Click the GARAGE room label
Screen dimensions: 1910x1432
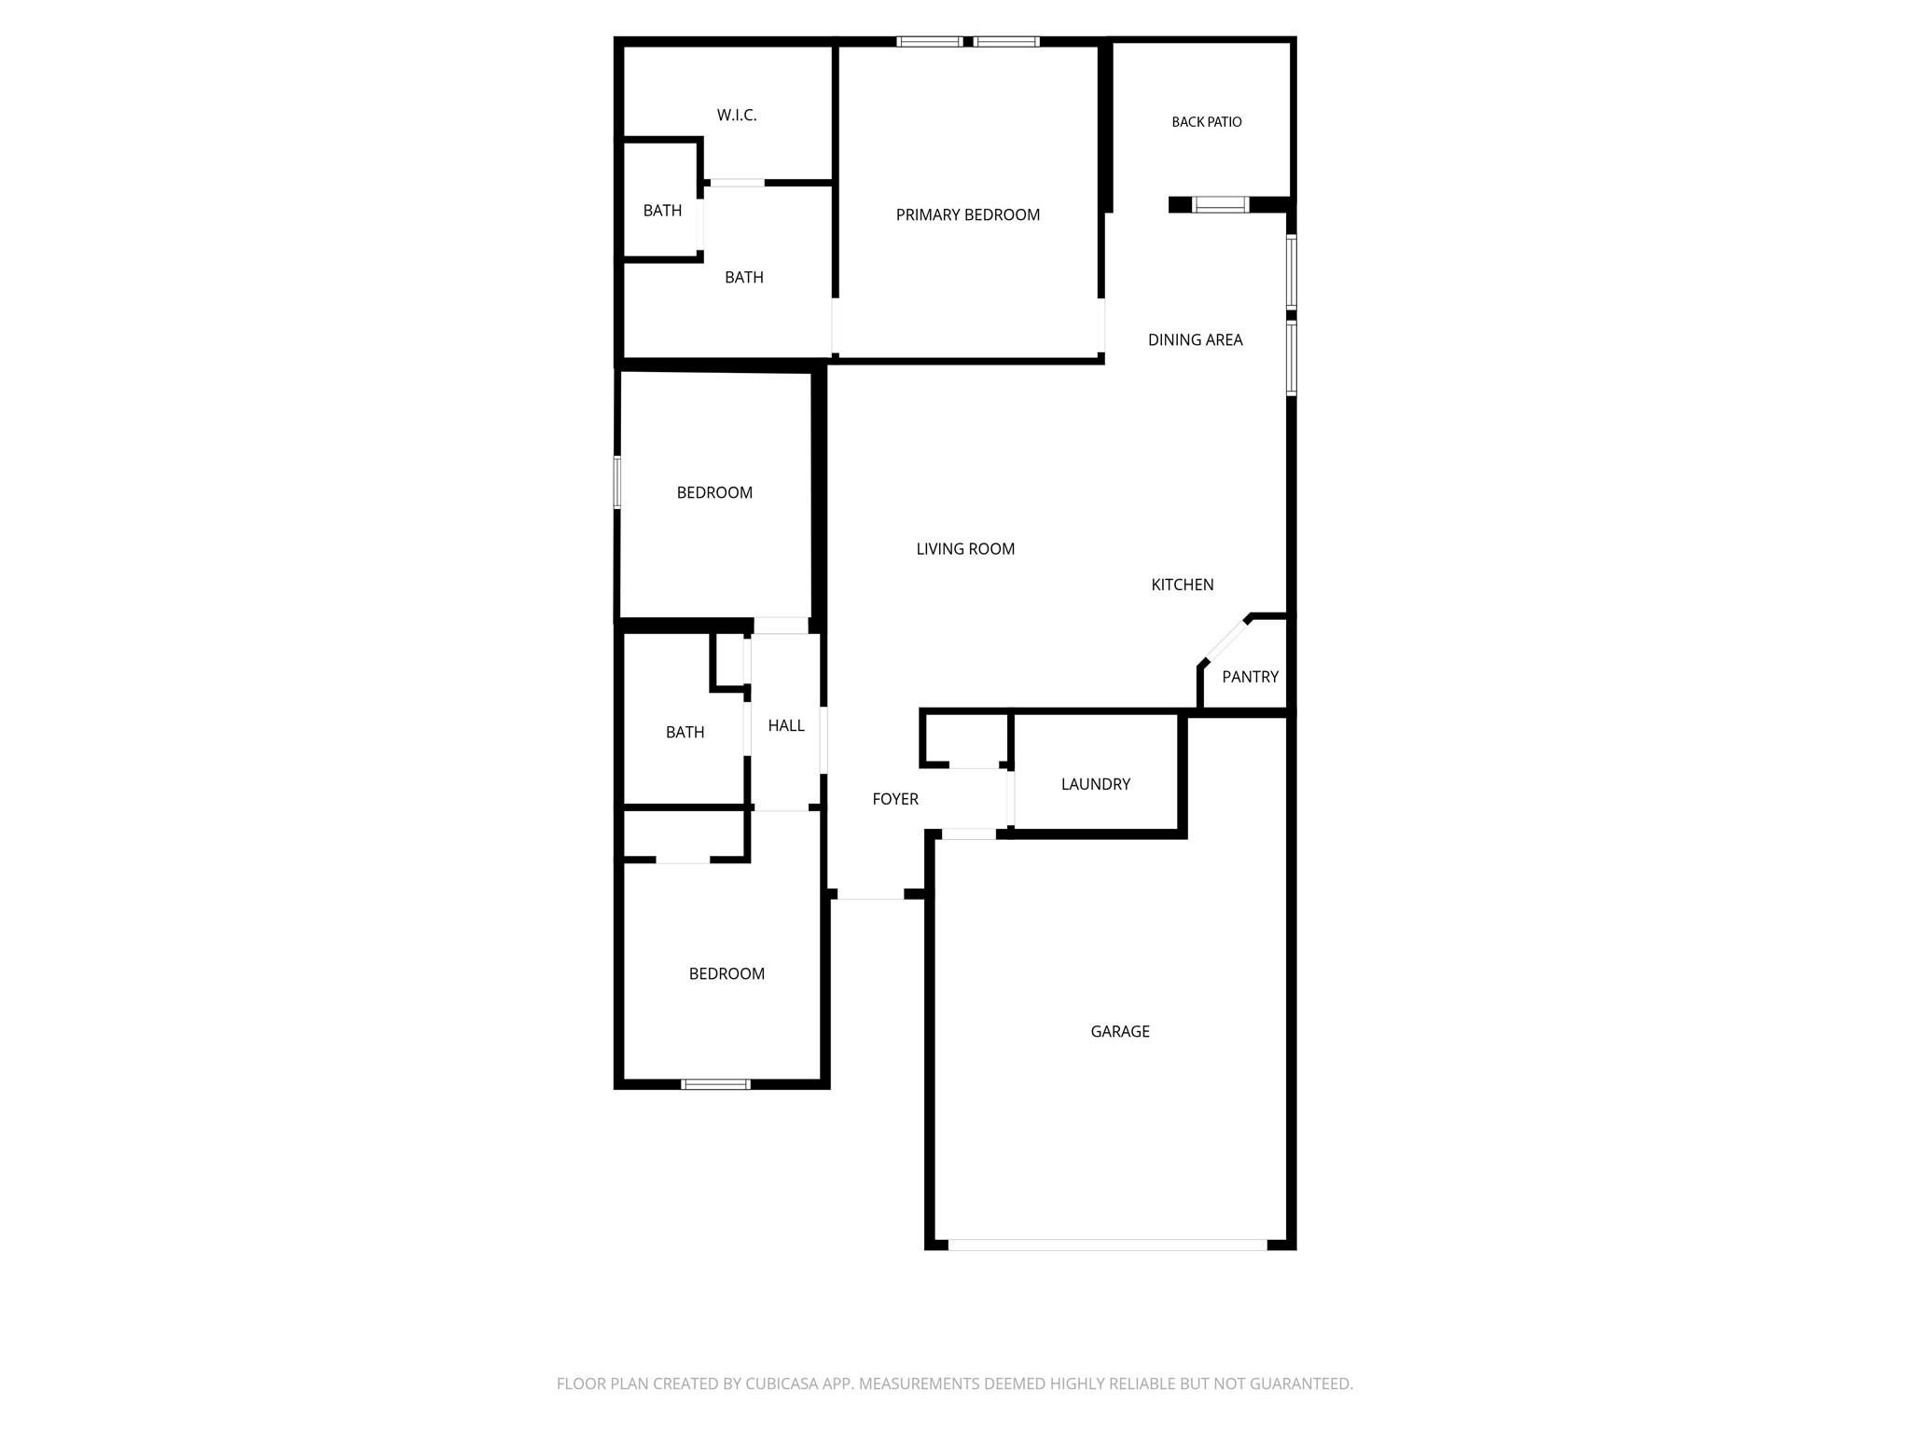[1120, 1031]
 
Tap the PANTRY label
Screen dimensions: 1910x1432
[1250, 677]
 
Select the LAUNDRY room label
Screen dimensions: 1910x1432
[1096, 784]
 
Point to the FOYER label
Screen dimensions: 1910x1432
[895, 799]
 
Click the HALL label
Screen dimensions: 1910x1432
[786, 725]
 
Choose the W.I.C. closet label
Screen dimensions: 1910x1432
[737, 116]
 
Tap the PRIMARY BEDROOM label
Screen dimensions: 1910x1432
[968, 215]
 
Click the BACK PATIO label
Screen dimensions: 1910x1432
[1207, 122]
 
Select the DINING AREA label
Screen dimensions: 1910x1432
[1196, 340]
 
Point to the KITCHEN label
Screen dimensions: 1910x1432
[1183, 585]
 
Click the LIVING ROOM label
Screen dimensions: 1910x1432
[965, 549]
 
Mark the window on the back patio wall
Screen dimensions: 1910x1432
[1221, 204]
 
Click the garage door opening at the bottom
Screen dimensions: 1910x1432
[1108, 1245]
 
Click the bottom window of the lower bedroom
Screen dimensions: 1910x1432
[715, 1084]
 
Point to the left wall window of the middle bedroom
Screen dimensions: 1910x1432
[617, 482]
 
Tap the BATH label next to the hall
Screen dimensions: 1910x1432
[685, 733]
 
